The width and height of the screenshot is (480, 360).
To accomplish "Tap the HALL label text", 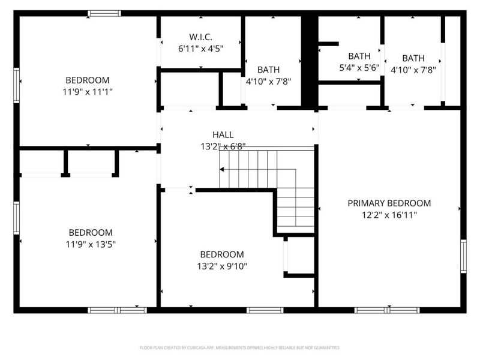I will [x=223, y=135].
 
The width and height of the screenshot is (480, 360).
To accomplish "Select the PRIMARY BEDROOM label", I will [x=389, y=203].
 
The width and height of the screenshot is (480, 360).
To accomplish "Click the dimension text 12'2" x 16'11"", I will [x=389, y=215].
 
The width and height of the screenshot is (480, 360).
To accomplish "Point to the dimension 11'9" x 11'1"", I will [x=88, y=92].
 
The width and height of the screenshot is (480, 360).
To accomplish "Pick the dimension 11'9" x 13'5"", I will [x=90, y=244].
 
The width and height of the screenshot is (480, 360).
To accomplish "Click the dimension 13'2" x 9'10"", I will [x=222, y=266].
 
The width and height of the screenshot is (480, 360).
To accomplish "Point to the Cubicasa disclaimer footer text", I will [x=240, y=347].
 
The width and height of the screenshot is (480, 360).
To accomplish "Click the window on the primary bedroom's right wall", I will [x=463, y=256].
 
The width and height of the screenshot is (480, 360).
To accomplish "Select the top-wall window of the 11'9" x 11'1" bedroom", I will [x=104, y=13].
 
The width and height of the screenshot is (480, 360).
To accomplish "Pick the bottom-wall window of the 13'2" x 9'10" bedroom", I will [x=265, y=310].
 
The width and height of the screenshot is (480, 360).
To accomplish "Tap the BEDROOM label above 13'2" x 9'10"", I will [x=222, y=254].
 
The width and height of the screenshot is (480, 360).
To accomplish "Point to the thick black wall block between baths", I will [x=308, y=60].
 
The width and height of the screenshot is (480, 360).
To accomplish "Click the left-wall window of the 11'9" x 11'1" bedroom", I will [x=17, y=85].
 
